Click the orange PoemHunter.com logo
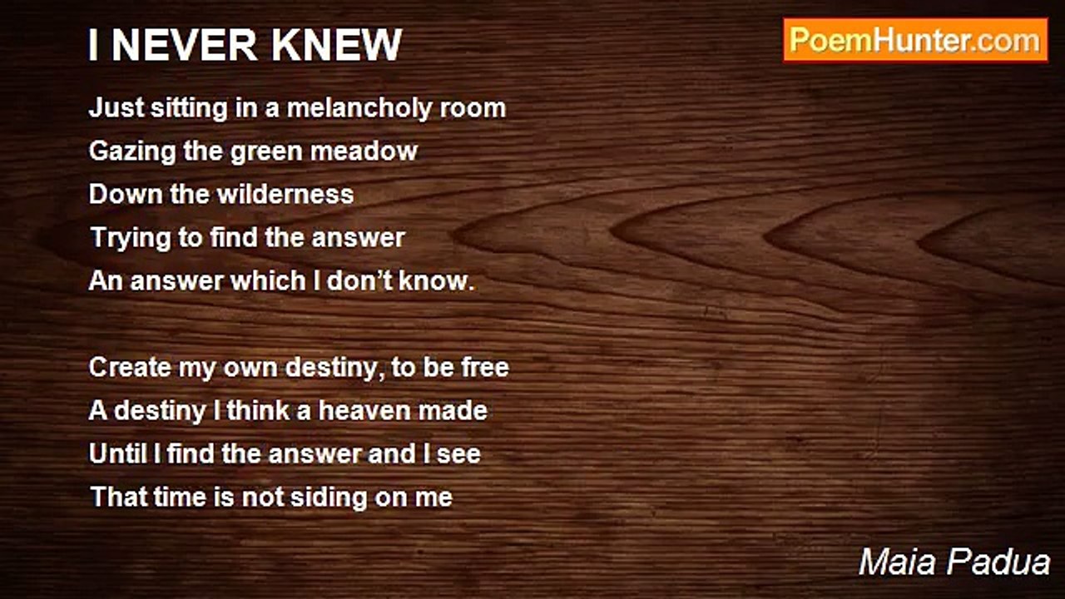915,41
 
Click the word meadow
364,151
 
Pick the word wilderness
285,195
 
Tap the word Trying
131,238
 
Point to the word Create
130,368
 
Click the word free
485,368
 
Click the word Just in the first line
116,108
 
